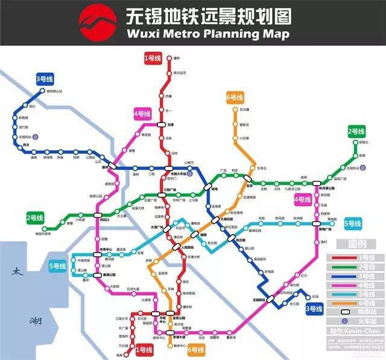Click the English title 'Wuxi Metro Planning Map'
[208, 34]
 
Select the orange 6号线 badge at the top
[235, 98]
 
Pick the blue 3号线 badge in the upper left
[45, 79]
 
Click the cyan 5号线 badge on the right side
[353, 223]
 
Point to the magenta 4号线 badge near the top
[142, 113]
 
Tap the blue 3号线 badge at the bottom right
[314, 309]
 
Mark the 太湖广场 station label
[156, 227]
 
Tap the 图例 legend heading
[354, 244]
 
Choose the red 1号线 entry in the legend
[354, 257]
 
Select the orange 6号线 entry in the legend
[354, 303]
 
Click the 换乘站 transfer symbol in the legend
[346, 312]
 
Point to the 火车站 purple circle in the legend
[347, 321]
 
